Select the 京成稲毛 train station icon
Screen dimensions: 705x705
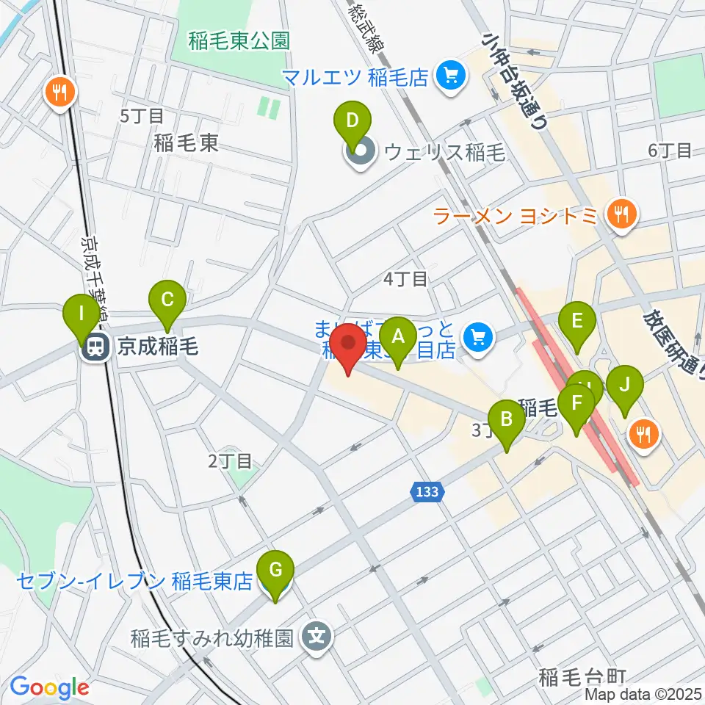click(x=95, y=347)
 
